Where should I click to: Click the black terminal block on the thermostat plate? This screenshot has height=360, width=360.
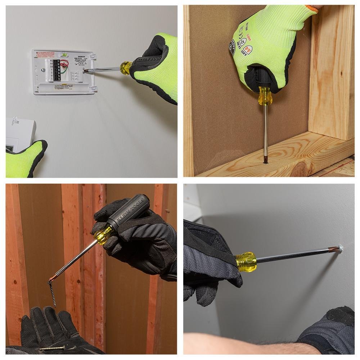57,70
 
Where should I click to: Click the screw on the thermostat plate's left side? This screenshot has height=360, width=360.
43,70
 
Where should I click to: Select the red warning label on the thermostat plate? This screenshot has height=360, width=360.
45,54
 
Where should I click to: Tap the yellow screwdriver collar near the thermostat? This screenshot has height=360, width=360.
126,68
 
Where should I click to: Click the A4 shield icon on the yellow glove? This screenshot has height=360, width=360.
247,50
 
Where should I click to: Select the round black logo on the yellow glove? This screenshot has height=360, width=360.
232,47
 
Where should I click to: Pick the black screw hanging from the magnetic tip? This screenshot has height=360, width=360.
53,293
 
